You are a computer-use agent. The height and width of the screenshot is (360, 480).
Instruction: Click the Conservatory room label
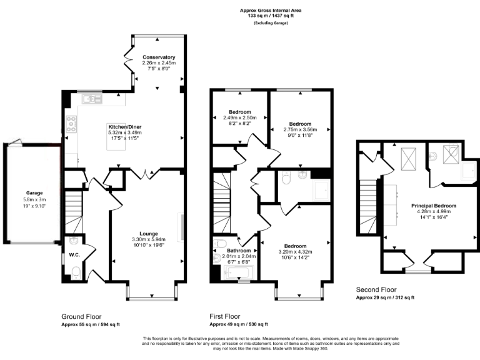tap(159, 57)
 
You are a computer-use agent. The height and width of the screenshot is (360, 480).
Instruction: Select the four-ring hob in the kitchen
tap(71, 124)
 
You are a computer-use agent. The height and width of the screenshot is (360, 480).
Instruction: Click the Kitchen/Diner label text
tap(125, 126)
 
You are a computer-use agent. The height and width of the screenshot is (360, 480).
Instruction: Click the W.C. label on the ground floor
tap(74, 254)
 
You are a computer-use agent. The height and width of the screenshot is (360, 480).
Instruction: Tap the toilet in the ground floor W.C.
tap(74, 271)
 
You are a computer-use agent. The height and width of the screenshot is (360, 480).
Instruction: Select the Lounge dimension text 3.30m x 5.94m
tap(148, 239)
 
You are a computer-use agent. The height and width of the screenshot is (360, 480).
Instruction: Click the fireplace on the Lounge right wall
tap(181, 227)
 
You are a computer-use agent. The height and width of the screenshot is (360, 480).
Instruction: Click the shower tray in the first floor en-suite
tap(321, 191)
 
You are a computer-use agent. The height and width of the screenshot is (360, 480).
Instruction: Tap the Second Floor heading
tap(376, 290)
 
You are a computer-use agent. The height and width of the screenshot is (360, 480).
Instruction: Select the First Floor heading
tap(224, 316)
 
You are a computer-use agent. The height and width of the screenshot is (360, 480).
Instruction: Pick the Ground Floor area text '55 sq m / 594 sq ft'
tap(91, 324)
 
